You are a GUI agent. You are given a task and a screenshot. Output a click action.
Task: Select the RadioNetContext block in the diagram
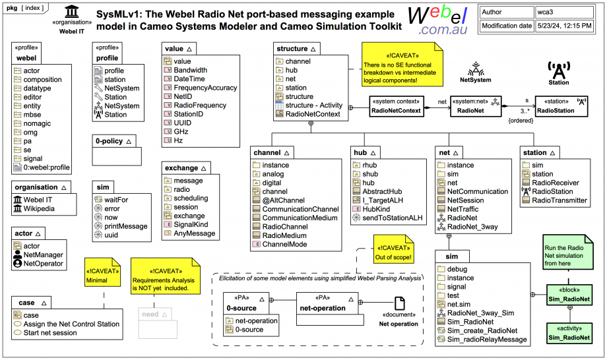(x=396, y=107)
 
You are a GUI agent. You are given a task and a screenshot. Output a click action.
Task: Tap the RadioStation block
(x=562, y=107)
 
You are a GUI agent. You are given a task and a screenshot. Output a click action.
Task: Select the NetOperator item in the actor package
(x=43, y=264)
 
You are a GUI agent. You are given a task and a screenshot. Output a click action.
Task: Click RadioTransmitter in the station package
(x=559, y=200)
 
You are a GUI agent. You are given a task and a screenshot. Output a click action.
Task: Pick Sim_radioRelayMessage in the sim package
(x=486, y=339)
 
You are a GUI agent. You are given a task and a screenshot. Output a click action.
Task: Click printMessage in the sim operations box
(x=125, y=226)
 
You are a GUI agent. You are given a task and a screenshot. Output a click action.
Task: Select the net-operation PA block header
(x=323, y=304)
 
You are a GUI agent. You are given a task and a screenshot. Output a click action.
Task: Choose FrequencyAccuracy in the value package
(x=205, y=88)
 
